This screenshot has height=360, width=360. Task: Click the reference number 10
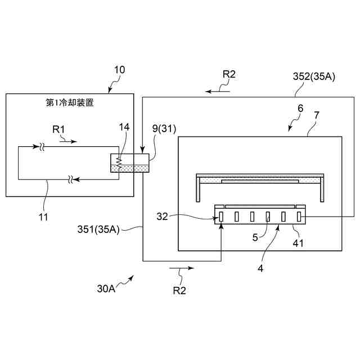tap(120, 70)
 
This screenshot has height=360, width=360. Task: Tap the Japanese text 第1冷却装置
tap(70, 103)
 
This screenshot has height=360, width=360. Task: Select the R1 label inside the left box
tap(59, 129)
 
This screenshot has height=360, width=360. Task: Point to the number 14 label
tap(124, 127)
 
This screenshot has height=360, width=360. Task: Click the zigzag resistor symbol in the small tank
tap(119, 163)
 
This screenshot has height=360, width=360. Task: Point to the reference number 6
tap(300, 109)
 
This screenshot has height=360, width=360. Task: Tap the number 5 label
tap(255, 238)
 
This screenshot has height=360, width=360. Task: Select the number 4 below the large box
tap(260, 268)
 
